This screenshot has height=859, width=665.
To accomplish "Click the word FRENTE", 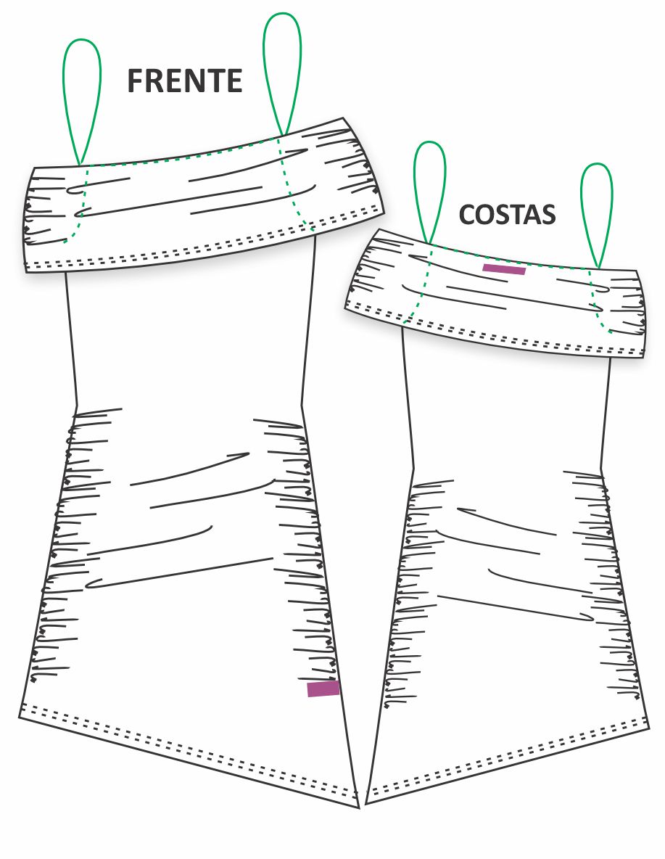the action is coord(185,81).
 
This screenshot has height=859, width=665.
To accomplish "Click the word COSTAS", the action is coord(507,214).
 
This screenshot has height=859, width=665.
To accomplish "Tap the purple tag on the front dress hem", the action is coord(323,689).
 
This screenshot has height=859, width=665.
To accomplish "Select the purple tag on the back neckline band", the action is coord(504,269).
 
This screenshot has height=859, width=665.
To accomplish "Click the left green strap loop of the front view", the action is coord(82,102).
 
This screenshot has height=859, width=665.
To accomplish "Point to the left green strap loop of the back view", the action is coord(429,192).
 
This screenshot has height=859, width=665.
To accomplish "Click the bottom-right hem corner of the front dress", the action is coord(359,807).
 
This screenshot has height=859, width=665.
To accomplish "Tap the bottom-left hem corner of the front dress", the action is coord(20,717).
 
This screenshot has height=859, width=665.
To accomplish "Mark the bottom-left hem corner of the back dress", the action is coord(365,804).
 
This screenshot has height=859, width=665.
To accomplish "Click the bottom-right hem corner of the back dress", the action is coord(649,728).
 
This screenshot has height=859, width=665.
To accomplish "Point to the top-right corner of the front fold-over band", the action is coord(344,118).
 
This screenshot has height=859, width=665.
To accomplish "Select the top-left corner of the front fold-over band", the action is coord(34,168).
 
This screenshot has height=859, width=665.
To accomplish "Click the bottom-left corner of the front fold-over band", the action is coord(25,271).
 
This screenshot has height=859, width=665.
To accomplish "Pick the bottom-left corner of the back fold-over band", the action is coord(345,310).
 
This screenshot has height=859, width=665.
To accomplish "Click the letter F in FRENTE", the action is coord(135,81).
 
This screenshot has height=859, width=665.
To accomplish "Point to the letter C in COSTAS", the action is coord(467,214).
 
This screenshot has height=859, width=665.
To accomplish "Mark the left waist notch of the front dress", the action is coord(76,406).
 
